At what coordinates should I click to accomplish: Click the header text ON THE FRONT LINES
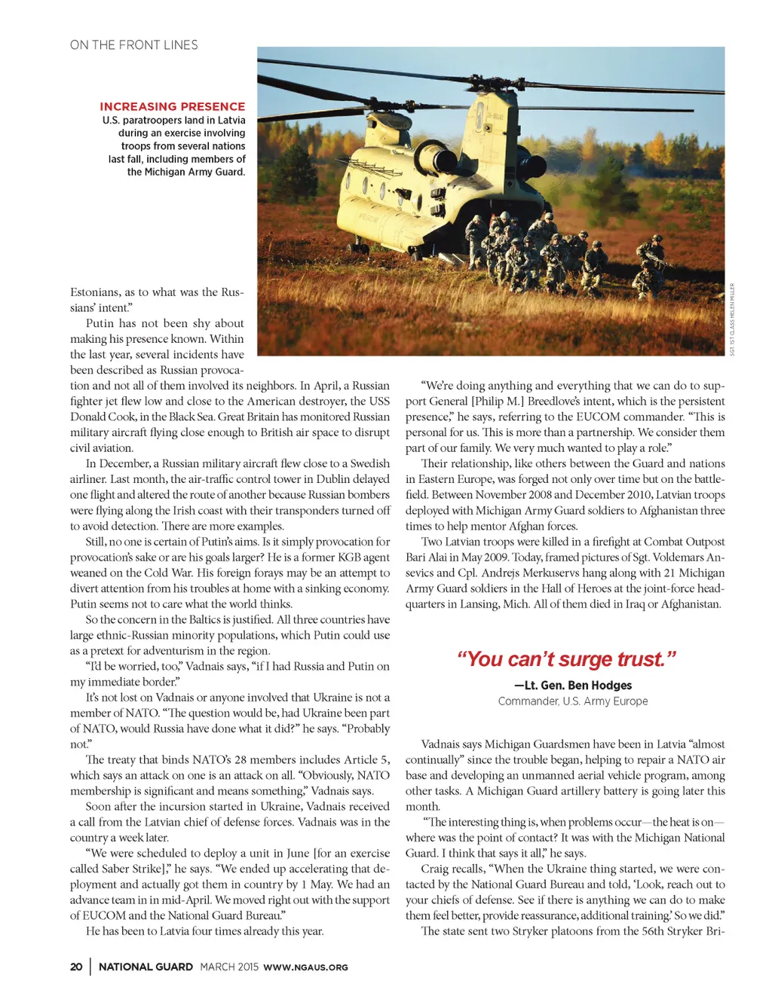tap(133, 45)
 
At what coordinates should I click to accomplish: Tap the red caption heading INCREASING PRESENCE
tap(172, 107)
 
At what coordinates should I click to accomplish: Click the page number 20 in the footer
tap(76, 967)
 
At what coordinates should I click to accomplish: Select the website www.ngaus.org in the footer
tap(305, 967)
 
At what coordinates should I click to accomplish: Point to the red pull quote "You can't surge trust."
tap(565, 659)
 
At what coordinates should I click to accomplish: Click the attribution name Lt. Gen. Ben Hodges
tap(573, 686)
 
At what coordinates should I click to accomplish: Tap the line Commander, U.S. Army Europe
tap(573, 701)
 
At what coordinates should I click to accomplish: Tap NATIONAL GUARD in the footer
tap(146, 967)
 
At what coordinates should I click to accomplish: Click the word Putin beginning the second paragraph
tap(100, 323)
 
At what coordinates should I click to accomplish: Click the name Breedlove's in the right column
tap(561, 402)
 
